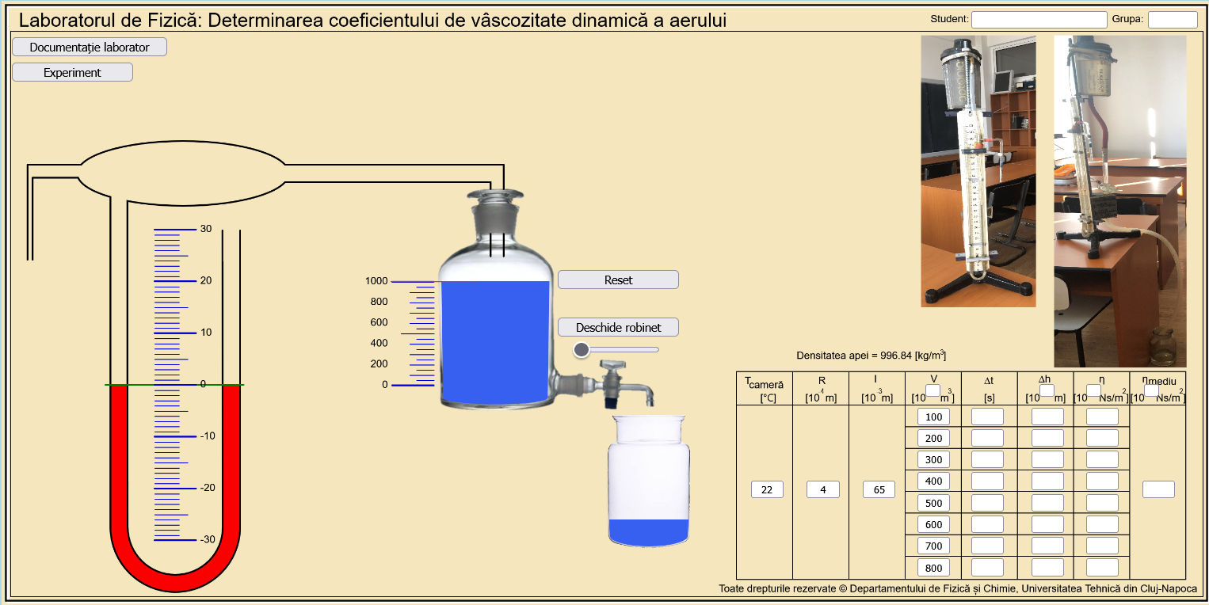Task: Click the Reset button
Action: pyautogui.click(x=618, y=280)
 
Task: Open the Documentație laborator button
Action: pyautogui.click(x=90, y=47)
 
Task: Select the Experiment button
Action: pyautogui.click(x=72, y=72)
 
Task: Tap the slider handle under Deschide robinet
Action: pyautogui.click(x=582, y=349)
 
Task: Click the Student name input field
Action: pyautogui.click(x=1039, y=20)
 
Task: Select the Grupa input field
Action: pyautogui.click(x=1173, y=20)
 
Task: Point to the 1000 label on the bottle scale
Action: pyautogui.click(x=376, y=281)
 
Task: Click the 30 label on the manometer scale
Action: pyautogui.click(x=206, y=229)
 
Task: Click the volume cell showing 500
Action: pyautogui.click(x=933, y=503)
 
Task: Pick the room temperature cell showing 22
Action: pyautogui.click(x=767, y=489)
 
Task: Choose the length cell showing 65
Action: pyautogui.click(x=879, y=489)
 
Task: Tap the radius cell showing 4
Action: pyautogui.click(x=823, y=489)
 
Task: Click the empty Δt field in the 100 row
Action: pyautogui.click(x=987, y=417)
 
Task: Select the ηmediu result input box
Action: pyautogui.click(x=1158, y=489)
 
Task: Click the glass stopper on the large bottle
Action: pyautogui.click(x=495, y=203)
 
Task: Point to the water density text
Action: pyautogui.click(x=871, y=356)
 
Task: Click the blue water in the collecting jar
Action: pyautogui.click(x=648, y=532)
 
